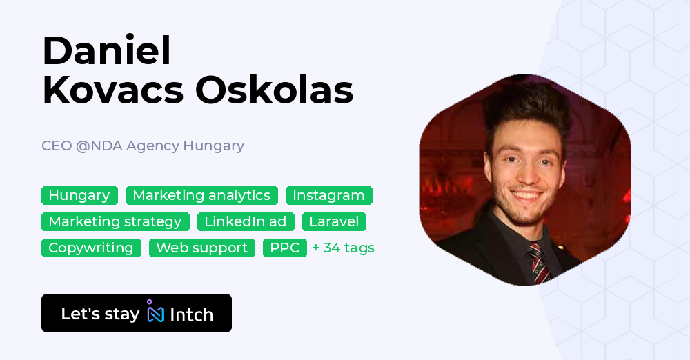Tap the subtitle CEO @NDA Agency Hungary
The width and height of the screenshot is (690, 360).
coord(143,146)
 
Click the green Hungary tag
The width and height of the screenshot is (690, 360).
coord(79,196)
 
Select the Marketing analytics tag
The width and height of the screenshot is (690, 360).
coord(201,196)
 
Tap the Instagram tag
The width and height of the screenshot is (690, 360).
coord(328,196)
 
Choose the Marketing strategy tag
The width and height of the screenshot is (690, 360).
coord(115,222)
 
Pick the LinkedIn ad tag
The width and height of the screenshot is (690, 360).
coord(246,222)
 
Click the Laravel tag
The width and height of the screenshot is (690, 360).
coord(334,222)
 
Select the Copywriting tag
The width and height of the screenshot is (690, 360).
coord(91,248)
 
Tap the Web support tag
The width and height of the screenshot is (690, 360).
coord(201,248)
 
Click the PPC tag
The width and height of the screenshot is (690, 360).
coord(284,248)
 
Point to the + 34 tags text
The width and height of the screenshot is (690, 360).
coord(343,248)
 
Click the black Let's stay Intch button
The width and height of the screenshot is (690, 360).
coord(137,314)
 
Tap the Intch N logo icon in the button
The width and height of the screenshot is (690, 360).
coord(155,313)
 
